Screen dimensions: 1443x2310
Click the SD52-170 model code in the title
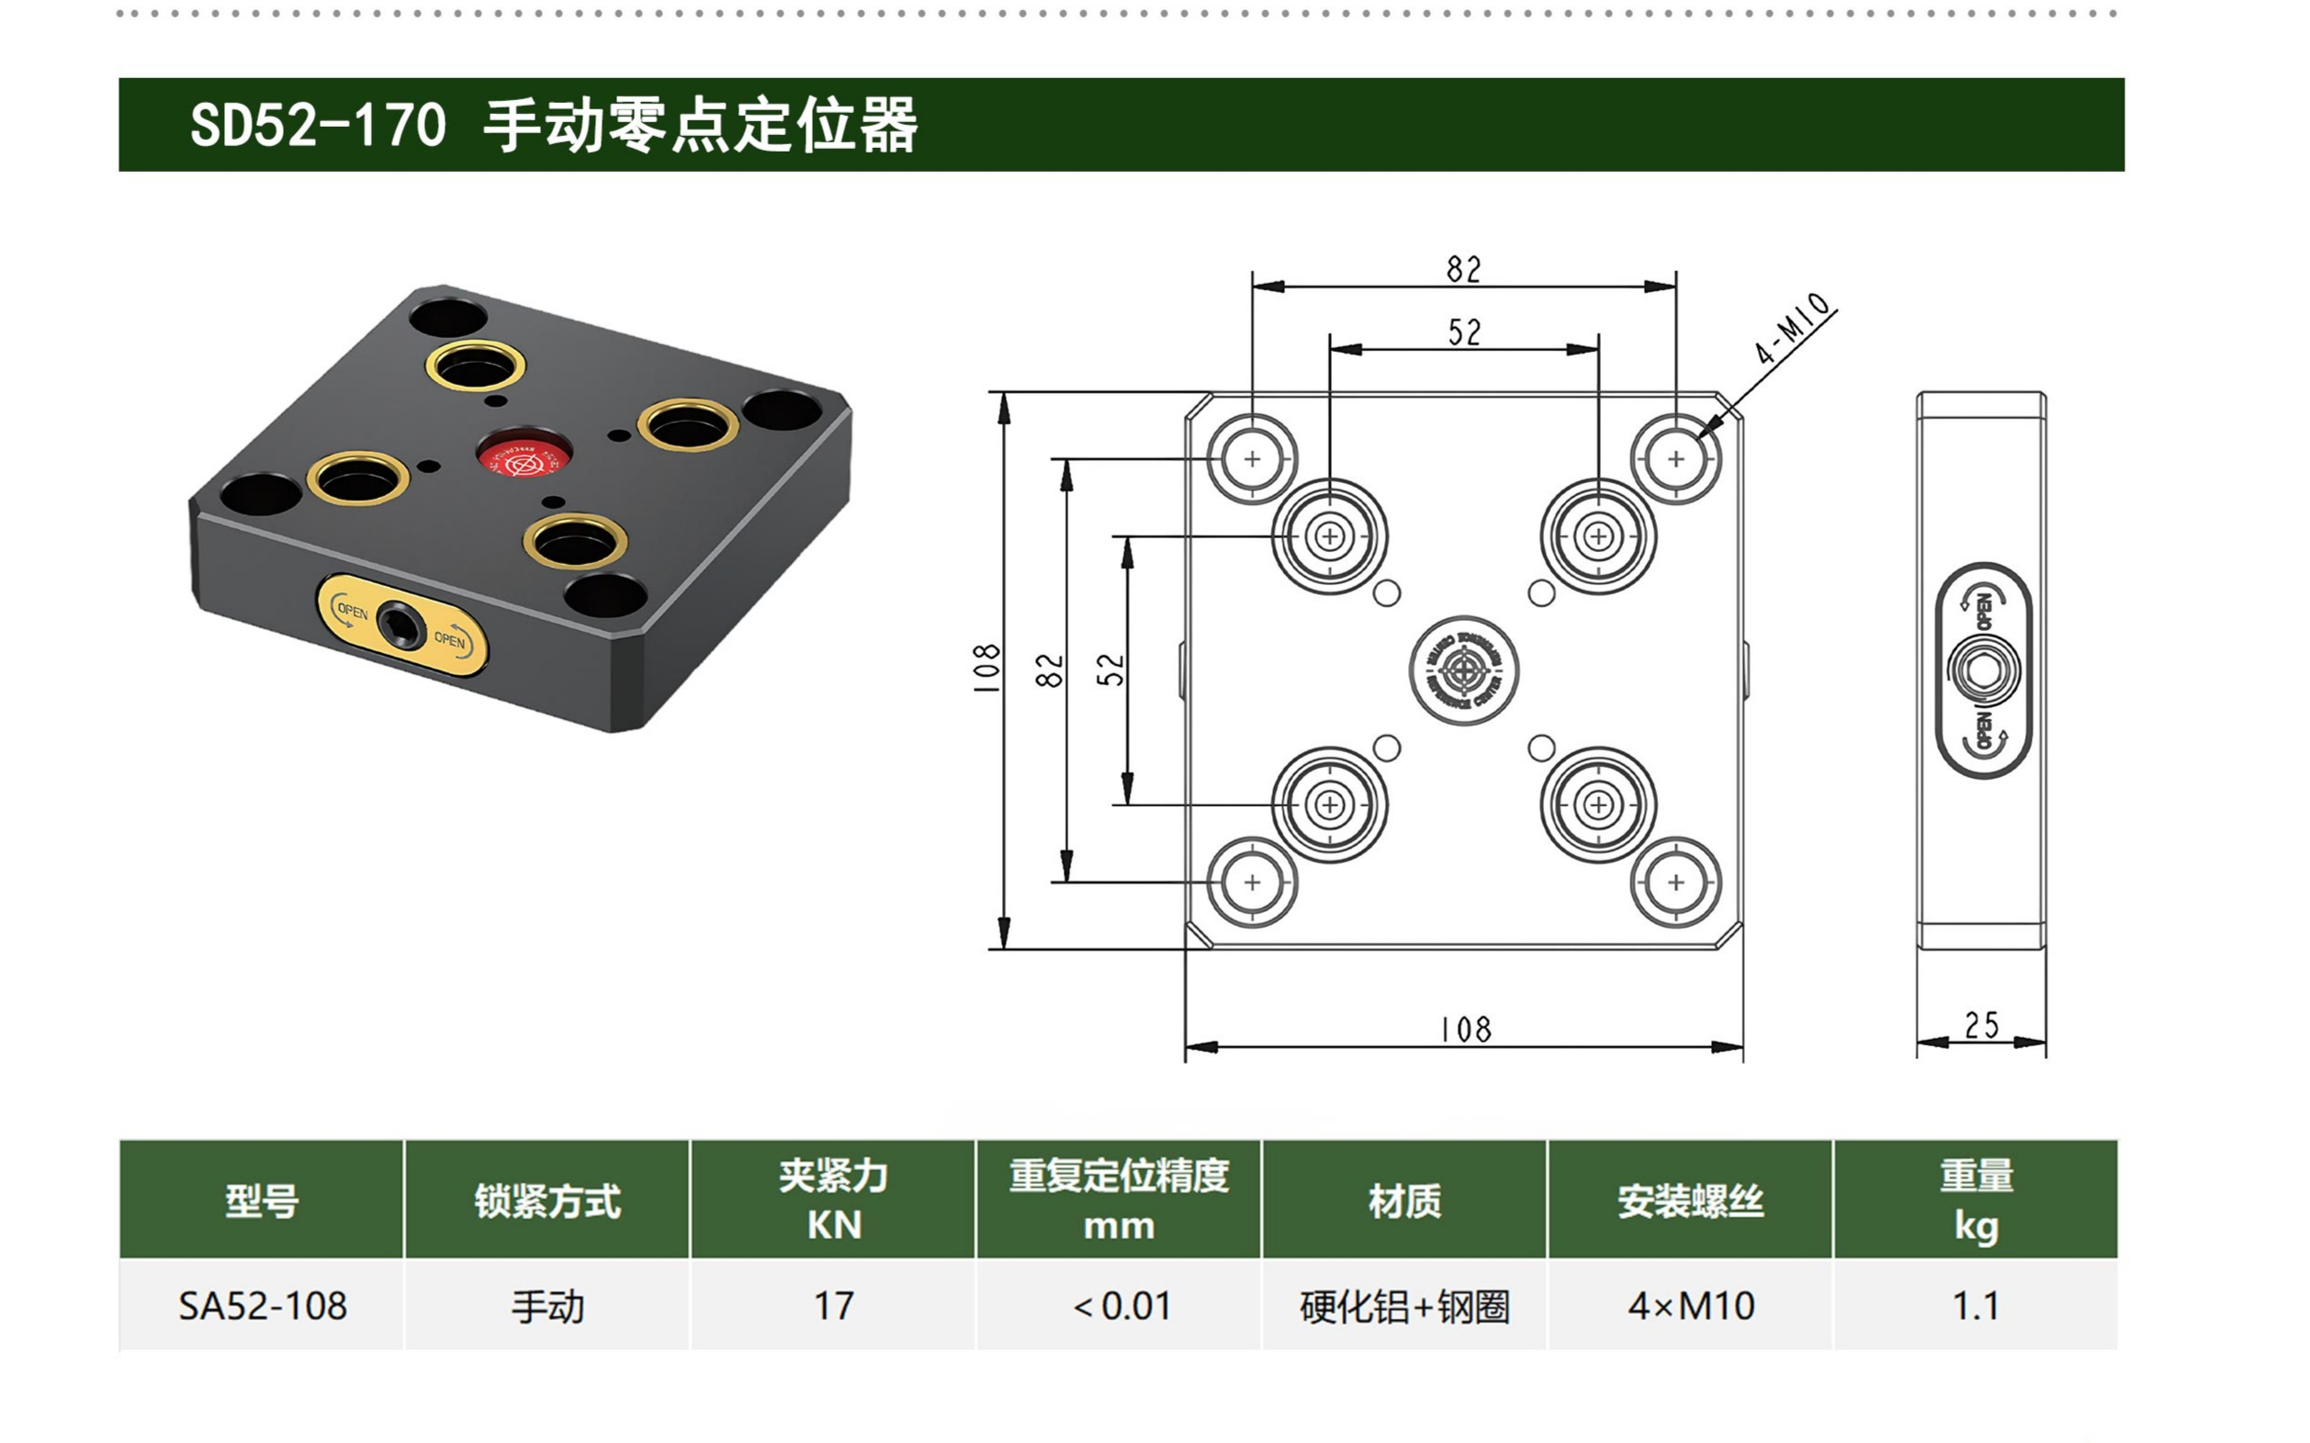click(318, 125)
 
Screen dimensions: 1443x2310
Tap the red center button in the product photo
click(523, 457)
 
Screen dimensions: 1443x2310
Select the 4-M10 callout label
click(1792, 327)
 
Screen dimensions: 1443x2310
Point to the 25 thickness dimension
click(1981, 1026)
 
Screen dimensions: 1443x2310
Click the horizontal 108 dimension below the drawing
click(1466, 1030)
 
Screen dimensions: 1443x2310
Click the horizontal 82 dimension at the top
click(1464, 269)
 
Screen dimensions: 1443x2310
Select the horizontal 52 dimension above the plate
click(1465, 333)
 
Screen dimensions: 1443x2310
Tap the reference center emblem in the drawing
click(1464, 670)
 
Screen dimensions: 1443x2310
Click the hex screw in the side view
click(1983, 670)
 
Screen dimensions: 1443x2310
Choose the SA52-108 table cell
click(263, 1305)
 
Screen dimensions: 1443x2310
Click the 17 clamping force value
click(833, 1305)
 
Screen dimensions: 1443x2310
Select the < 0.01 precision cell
click(1121, 1305)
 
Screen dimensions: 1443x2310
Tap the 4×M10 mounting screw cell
click(1691, 1305)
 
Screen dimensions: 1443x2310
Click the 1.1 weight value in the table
click(1975, 1305)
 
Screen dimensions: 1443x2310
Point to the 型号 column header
click(263, 1200)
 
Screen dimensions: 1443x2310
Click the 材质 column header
click(1403, 1200)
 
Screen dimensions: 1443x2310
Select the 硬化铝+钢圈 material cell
click(1403, 1305)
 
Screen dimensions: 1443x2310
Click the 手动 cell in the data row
click(547, 1305)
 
